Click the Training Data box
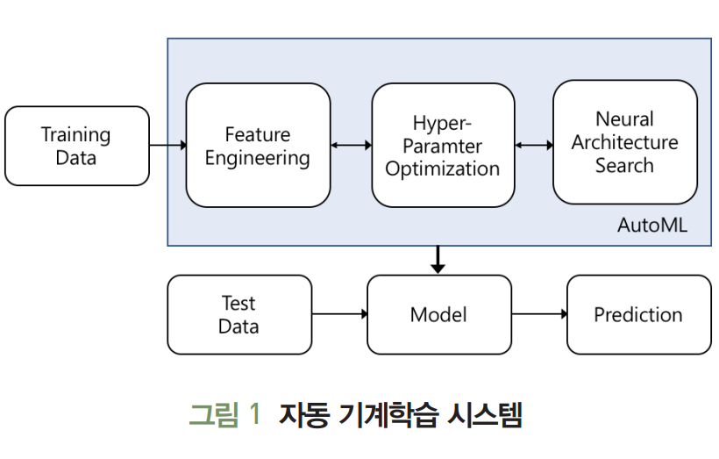77,146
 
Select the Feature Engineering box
258,145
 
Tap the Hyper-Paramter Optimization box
443,145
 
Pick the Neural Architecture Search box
625,142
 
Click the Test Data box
239,314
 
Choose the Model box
439,314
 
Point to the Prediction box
638,314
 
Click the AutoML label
652,225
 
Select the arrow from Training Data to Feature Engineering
167,146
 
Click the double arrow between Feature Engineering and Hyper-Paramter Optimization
352,146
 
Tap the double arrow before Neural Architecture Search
534,146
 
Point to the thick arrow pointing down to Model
438,260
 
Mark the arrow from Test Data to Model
339,314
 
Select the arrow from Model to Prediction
539,314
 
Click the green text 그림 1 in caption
224,414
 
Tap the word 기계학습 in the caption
388,414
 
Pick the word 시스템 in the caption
485,414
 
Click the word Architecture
624,142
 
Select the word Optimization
443,169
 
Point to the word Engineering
257,158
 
